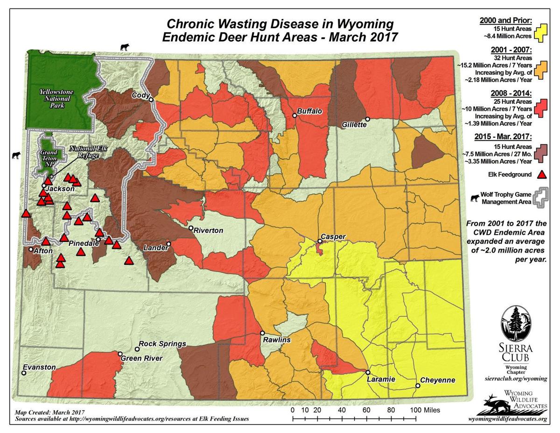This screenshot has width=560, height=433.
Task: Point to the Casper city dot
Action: pos(320,241)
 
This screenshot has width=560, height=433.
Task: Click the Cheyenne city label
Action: pos(437,380)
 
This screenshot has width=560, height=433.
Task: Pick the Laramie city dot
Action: pos(368,372)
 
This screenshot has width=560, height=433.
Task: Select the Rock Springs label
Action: pos(162,344)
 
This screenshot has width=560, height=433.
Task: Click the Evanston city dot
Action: pos(24,373)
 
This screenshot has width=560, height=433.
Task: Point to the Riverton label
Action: pos(209,231)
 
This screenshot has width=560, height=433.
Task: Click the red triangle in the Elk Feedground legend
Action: pos(541,175)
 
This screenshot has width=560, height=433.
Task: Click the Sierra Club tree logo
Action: pos(516,324)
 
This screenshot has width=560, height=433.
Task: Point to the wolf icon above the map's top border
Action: pos(125,46)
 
